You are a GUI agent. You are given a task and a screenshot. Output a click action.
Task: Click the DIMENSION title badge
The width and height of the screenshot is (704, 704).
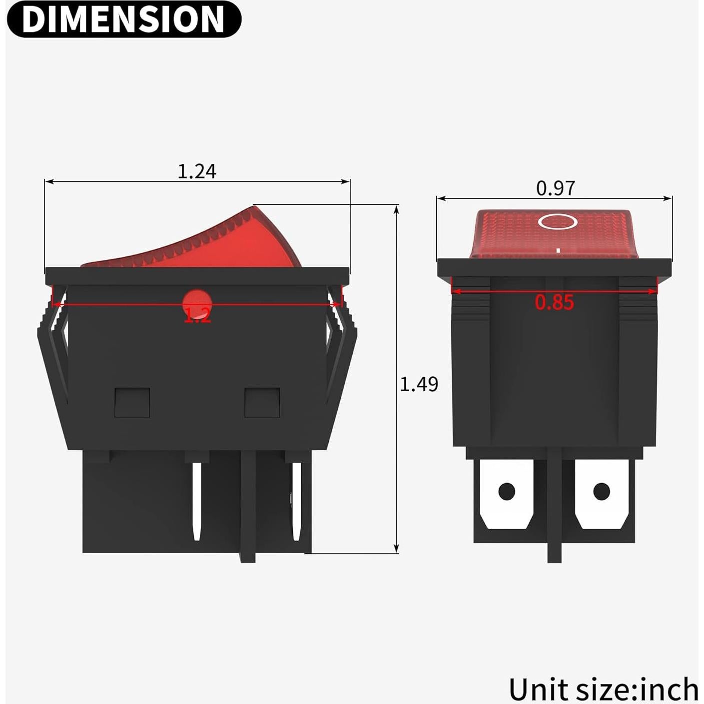pos(123,19)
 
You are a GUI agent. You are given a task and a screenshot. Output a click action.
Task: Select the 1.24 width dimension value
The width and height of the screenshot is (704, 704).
pos(197,171)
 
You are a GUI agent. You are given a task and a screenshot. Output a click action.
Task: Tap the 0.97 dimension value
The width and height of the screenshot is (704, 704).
pos(555,188)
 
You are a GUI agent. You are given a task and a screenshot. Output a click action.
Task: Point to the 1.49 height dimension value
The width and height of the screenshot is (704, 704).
pos(419,384)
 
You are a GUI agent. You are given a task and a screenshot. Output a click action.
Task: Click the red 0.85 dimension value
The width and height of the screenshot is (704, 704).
pos(554,302)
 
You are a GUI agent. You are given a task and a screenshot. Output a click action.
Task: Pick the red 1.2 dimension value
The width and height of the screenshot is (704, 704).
pos(197,315)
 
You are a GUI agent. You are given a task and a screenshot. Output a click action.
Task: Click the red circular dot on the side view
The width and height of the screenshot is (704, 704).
pos(197,302)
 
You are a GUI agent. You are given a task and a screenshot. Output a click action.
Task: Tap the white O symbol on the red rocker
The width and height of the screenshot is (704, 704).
pos(558,221)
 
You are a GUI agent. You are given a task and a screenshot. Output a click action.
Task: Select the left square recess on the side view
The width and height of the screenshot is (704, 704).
pos(132,402)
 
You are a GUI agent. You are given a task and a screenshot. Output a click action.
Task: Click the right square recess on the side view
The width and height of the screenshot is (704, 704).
pos(262,402)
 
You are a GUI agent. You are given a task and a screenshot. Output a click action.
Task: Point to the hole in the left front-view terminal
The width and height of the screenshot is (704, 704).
pos(506,491)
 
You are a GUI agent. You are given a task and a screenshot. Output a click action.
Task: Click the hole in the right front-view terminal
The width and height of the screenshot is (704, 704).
pos(601,491)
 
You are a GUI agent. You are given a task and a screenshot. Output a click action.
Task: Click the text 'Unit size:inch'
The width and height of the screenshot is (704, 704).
pos(603,690)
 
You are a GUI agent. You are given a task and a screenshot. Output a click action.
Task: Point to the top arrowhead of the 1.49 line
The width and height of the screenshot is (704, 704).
pos(396,209)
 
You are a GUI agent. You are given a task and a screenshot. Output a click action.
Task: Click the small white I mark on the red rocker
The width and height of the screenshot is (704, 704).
pos(558,248)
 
